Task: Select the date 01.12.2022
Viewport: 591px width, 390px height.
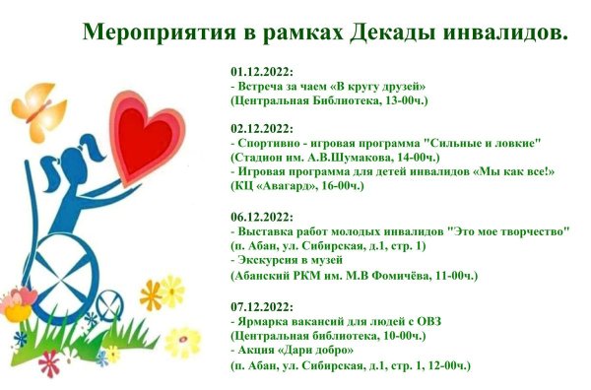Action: (x=261, y=72)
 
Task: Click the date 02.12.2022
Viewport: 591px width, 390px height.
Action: (x=261, y=128)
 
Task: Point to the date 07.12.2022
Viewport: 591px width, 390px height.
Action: (x=261, y=306)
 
